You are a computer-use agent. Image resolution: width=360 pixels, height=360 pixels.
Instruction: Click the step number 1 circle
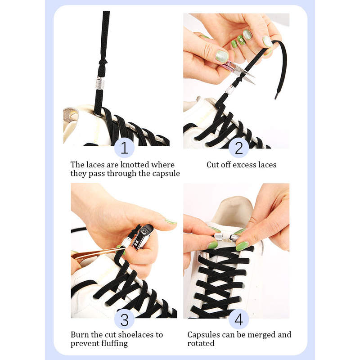124,148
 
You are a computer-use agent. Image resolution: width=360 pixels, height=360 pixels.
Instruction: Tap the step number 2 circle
239,148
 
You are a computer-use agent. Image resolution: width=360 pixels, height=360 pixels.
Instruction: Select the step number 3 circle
124,319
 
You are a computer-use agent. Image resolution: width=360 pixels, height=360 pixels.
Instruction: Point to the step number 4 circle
239,319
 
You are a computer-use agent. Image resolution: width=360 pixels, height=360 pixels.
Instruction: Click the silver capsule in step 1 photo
100,83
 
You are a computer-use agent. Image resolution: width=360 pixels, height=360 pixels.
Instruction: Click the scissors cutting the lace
239,71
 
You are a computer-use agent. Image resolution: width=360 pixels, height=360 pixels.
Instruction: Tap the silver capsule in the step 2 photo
230,90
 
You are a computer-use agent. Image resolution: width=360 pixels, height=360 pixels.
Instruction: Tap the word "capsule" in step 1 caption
166,174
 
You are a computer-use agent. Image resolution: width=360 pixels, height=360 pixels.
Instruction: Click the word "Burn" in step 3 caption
80,335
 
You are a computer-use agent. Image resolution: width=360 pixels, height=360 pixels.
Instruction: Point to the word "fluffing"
114,344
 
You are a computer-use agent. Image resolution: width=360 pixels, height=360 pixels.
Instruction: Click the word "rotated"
201,343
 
